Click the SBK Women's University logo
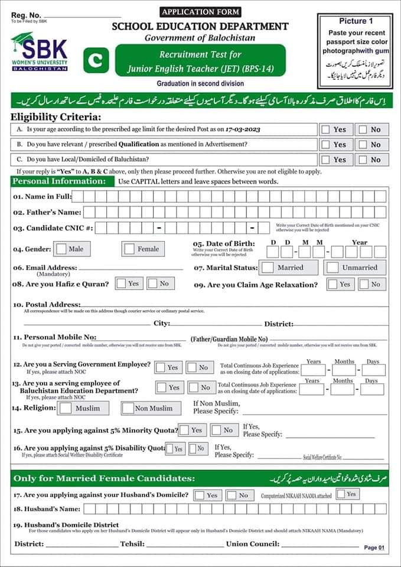pos(39,52)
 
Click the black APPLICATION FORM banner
pos(200,12)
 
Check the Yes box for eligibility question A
pos(326,129)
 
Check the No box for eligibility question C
pos(362,159)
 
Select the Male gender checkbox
pos(61,249)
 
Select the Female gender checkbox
pos(129,249)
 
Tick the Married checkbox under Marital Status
pos(268,268)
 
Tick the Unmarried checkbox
pos(333,268)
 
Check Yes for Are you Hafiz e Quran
pos(121,283)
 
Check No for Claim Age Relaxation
pos(362,284)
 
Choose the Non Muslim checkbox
pos(128,408)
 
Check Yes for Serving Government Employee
pos(161,367)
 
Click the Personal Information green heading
pos(59,181)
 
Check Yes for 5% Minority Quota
pos(185,430)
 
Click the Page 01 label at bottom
pos(374,548)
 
